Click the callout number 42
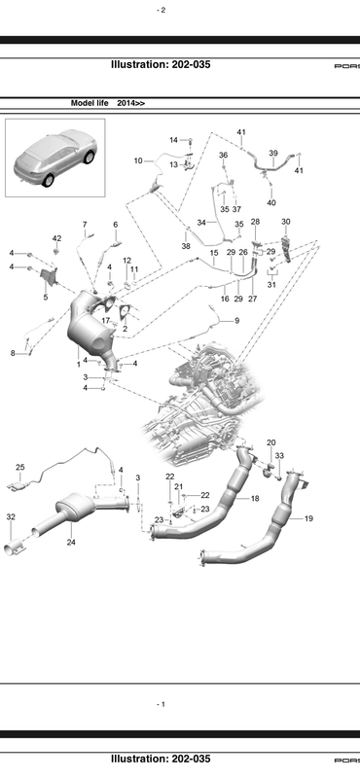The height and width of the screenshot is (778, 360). [57, 238]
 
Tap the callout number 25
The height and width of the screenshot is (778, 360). [19, 468]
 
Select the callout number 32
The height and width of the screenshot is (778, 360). [11, 517]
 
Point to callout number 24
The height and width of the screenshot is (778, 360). [71, 543]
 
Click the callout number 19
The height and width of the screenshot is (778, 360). [308, 518]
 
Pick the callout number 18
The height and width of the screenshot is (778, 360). [255, 498]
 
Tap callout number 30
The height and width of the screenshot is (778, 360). [285, 222]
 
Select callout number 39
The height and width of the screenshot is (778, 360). [273, 153]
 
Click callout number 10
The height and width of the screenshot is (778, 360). [138, 160]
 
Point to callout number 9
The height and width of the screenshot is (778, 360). [236, 321]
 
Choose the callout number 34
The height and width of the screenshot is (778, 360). [201, 223]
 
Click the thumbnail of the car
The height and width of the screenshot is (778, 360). [55, 158]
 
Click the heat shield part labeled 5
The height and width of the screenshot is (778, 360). [50, 278]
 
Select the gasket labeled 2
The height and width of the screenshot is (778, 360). [125, 312]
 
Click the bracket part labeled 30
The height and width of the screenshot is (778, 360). [286, 250]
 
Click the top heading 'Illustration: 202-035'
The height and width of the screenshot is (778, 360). [161, 64]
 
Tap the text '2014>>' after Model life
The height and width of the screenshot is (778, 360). [131, 103]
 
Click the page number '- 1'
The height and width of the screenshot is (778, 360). [161, 704]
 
